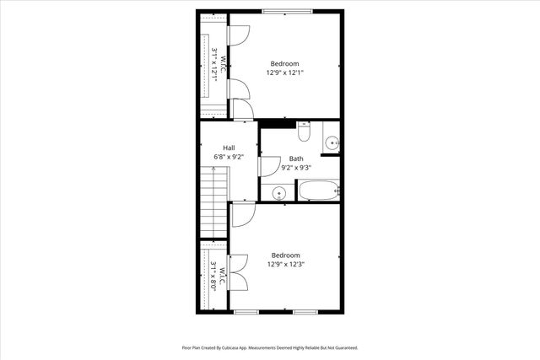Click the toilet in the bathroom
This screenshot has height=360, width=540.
pyautogui.click(x=305, y=132)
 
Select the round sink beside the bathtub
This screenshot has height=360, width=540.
pyautogui.click(x=279, y=194)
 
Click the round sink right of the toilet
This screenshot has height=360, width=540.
pyautogui.click(x=332, y=142)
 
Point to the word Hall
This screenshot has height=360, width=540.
pyautogui.click(x=229, y=148)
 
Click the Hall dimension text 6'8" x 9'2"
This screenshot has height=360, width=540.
pyautogui.click(x=229, y=157)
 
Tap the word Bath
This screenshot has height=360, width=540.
pyautogui.click(x=296, y=159)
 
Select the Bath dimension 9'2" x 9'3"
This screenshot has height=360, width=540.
pyautogui.click(x=296, y=168)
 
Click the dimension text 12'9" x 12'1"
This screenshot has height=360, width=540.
pyautogui.click(x=285, y=73)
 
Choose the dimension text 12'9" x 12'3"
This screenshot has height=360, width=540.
pyautogui.click(x=285, y=264)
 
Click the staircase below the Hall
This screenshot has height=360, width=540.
pyautogui.click(x=214, y=202)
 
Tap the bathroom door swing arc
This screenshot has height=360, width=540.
pyautogui.click(x=270, y=166)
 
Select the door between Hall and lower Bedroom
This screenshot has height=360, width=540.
pyautogui.click(x=241, y=215)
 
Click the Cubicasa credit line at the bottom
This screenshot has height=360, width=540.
pyautogui.click(x=270, y=347)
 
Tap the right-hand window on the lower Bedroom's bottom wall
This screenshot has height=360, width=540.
pyautogui.click(x=305, y=312)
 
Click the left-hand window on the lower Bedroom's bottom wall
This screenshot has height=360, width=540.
pyautogui.click(x=246, y=312)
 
